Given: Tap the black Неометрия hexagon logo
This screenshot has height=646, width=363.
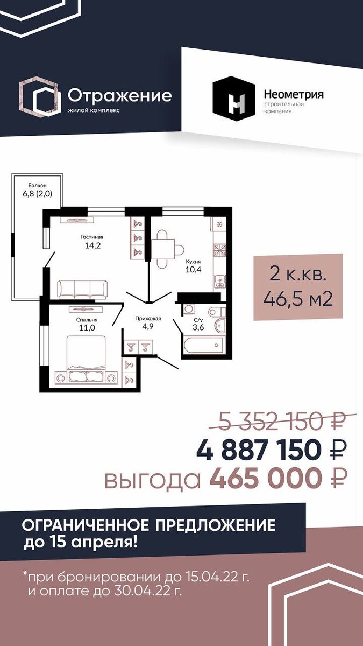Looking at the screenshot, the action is click(234, 99).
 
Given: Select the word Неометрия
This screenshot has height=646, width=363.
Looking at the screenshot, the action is click(294, 94).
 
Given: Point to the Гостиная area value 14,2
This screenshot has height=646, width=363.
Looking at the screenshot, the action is click(92, 245).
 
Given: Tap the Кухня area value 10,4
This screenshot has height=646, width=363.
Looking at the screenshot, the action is click(193, 270).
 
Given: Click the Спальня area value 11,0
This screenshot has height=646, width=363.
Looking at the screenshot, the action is click(87, 328).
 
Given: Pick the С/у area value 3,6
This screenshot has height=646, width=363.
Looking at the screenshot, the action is click(198, 327).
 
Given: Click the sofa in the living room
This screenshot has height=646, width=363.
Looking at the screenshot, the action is click(82, 289).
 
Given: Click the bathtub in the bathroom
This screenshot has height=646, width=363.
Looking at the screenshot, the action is click(203, 345).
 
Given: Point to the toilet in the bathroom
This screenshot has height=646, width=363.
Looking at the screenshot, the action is click(217, 311).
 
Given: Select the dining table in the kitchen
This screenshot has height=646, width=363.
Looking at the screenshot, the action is click(163, 249).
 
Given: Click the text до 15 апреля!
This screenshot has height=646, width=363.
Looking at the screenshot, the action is click(80, 543).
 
